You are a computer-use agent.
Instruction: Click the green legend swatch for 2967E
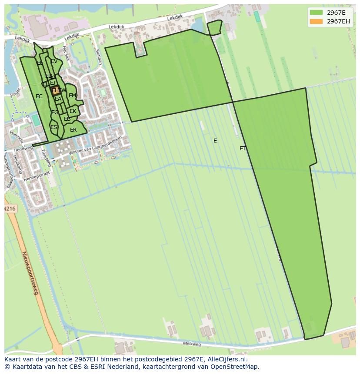[316, 13]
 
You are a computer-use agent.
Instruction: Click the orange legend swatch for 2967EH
[316, 21]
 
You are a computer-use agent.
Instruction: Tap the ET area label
[243, 149]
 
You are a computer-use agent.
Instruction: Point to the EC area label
[39, 96]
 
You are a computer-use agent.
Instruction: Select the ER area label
[73, 130]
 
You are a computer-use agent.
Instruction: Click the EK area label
[73, 111]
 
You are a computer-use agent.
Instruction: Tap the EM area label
[72, 96]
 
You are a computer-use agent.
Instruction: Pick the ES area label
[53, 127]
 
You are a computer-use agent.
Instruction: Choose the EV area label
[54, 62]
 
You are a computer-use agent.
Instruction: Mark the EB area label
[67, 119]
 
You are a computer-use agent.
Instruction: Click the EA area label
[58, 99]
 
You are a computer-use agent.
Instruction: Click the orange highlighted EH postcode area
[55, 90]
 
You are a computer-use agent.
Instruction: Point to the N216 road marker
[10, 209]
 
